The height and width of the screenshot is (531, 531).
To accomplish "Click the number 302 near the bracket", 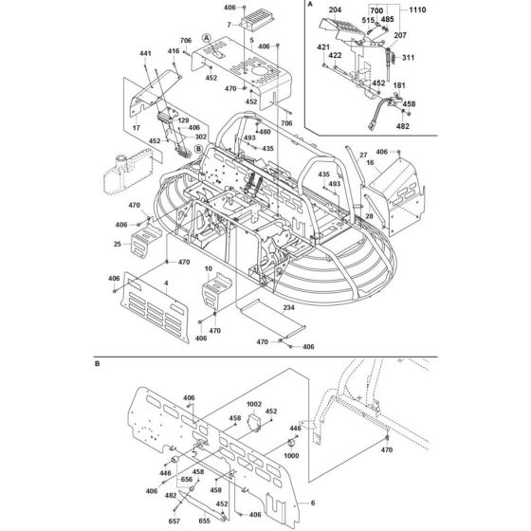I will coord(200,136).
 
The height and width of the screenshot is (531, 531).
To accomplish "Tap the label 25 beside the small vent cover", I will coord(116,245).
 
